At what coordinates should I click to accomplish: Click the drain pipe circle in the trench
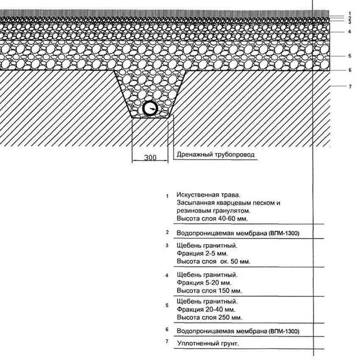point(150,109)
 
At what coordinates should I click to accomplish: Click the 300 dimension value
point(150,158)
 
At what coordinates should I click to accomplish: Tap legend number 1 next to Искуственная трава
point(168,197)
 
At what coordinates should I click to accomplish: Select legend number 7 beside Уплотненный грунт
point(167,341)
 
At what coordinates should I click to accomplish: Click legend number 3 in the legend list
point(167,245)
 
